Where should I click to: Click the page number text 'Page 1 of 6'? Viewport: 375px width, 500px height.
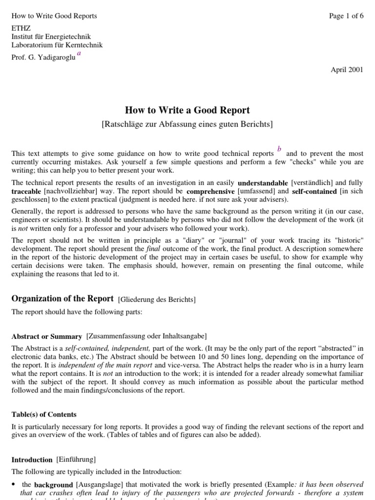[x=346, y=16]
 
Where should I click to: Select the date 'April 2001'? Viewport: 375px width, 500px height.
[x=347, y=70]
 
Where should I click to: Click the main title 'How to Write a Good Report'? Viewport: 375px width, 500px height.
[x=187, y=110]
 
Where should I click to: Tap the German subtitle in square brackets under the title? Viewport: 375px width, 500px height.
[x=187, y=124]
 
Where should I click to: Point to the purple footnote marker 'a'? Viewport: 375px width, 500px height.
[x=79, y=54]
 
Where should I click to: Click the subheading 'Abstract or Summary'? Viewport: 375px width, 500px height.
[x=46, y=336]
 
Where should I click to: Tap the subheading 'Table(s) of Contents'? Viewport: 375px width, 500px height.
[x=44, y=415]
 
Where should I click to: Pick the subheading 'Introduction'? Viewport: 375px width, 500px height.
[x=32, y=459]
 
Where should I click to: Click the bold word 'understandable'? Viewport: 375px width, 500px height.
[x=263, y=183]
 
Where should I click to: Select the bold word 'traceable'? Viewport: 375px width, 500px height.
[x=26, y=192]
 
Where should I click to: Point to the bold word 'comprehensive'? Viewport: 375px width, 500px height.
[x=210, y=192]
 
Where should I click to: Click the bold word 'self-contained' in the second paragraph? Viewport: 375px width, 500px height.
[x=314, y=192]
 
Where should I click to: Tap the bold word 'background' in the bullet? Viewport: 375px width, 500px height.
[x=54, y=485]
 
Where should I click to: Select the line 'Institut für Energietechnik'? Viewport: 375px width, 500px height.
[x=51, y=37]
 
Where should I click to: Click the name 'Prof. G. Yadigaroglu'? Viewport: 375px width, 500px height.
[x=43, y=58]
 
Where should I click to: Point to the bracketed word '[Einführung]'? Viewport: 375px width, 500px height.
[x=76, y=459]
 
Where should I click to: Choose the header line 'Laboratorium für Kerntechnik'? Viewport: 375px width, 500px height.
[x=57, y=45]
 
